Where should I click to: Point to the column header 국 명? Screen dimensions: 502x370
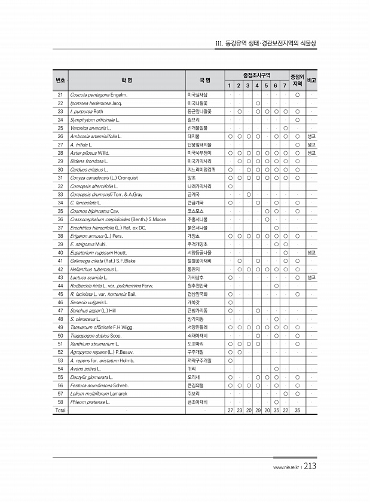(x=204, y=79)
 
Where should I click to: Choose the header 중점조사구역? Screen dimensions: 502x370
(x=257, y=75)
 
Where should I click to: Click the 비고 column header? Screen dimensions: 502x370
(x=311, y=79)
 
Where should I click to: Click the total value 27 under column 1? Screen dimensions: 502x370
(x=230, y=411)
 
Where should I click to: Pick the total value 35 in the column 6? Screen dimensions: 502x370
(x=276, y=411)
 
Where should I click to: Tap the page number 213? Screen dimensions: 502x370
(x=310, y=467)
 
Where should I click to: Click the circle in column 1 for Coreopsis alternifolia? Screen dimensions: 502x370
(x=230, y=186)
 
